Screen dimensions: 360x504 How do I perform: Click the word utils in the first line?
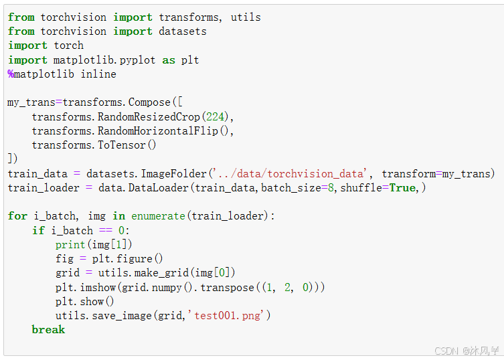click(246, 17)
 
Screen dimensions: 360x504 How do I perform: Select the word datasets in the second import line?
click(183, 31)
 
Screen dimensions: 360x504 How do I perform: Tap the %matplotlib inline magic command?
click(62, 74)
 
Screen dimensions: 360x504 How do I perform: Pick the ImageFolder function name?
click(173, 174)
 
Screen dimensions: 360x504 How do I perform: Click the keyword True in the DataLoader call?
click(402, 188)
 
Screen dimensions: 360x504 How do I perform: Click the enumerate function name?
click(158, 216)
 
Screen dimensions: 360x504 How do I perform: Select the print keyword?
click(70, 245)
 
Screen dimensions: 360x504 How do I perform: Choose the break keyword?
click(48, 330)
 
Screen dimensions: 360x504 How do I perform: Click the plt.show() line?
click(85, 302)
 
